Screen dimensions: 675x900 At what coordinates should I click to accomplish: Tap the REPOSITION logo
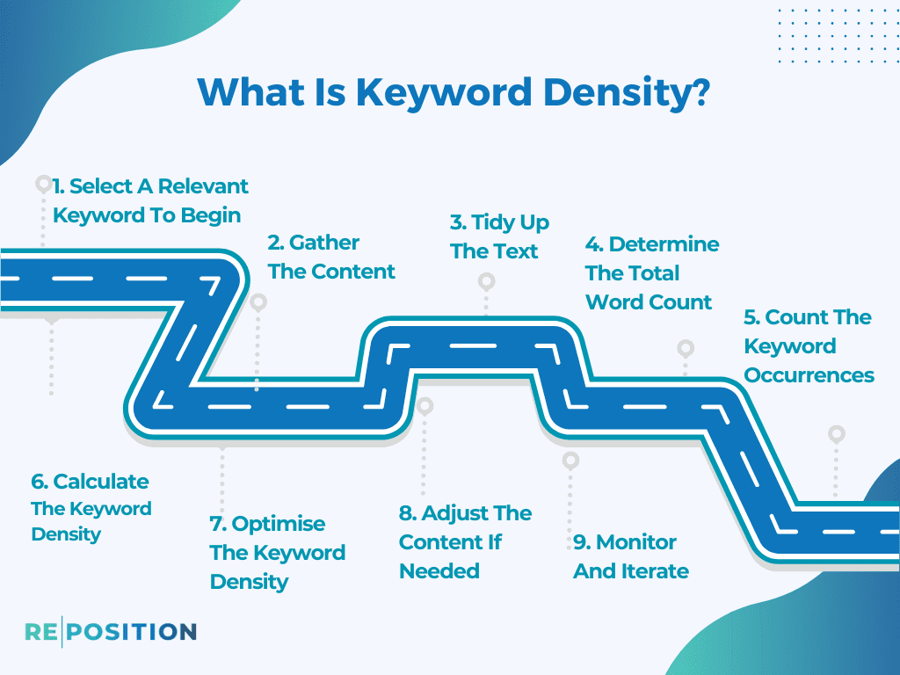coord(110,631)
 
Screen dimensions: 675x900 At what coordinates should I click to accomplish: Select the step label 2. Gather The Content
coord(331,258)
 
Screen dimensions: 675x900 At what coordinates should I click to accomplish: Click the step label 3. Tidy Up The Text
coord(499,236)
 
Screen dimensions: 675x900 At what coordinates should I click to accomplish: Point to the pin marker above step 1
coord(42,184)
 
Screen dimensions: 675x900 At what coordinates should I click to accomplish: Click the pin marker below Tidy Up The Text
coord(486,282)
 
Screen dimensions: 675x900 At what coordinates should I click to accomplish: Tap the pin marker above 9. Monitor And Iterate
coord(570,461)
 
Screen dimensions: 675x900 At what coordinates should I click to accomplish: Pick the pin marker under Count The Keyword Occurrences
coord(837,434)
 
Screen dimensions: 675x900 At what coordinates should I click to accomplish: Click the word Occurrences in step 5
coord(809,375)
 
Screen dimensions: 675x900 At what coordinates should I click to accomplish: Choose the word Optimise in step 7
coord(279,524)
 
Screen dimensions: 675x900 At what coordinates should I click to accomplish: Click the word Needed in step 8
coord(439,571)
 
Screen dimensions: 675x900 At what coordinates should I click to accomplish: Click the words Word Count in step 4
coord(649,302)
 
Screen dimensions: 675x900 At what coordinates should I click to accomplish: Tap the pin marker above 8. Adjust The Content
coord(425,406)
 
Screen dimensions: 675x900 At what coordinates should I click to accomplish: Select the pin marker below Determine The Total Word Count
coord(686,348)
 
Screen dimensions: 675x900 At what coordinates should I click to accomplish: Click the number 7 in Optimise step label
coord(216,525)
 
